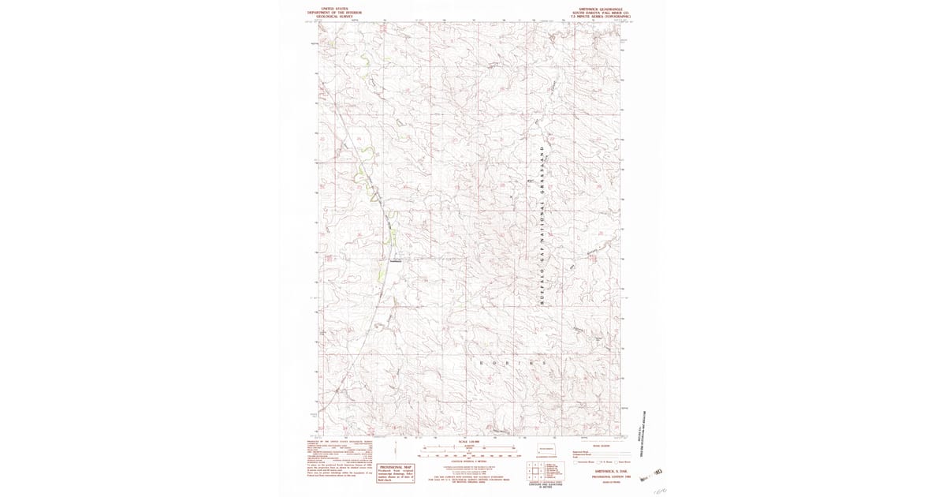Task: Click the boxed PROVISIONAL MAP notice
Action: point(395,471)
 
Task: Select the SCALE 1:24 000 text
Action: point(467,441)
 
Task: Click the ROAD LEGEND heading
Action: point(601,446)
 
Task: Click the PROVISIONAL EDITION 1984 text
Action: point(601,476)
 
